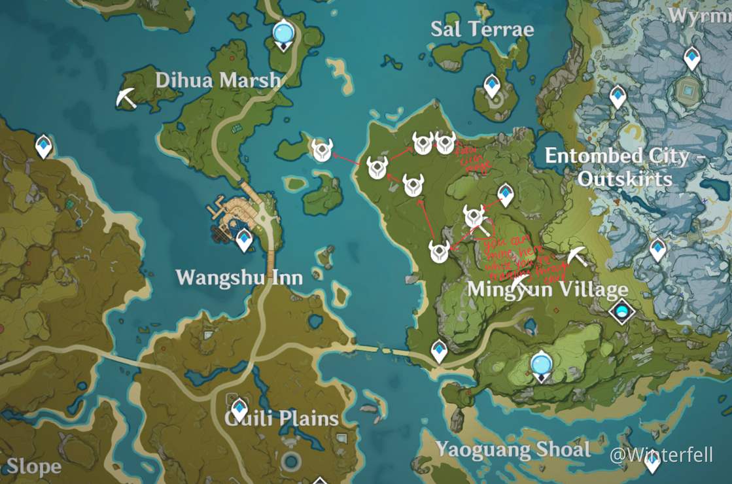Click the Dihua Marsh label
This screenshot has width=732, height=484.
[x=218, y=80]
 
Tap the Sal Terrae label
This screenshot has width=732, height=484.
[x=482, y=29]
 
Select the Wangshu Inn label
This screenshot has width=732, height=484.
[x=239, y=277]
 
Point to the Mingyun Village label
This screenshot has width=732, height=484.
[x=548, y=289]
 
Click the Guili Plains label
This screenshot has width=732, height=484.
[x=282, y=419]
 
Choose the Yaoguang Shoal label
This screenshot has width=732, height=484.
[x=513, y=449]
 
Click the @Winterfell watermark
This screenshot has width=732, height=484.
[x=661, y=455]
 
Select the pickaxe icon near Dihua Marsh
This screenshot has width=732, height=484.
[x=126, y=97]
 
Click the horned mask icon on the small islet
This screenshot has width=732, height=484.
[x=321, y=150]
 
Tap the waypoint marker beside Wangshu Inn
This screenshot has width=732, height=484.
[x=244, y=239]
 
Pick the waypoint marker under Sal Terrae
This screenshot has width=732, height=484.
[x=492, y=86]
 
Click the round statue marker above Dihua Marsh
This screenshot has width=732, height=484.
[x=283, y=33]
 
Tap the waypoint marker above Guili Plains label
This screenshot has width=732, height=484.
[x=239, y=408]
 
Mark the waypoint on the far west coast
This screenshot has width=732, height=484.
[x=43, y=146]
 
